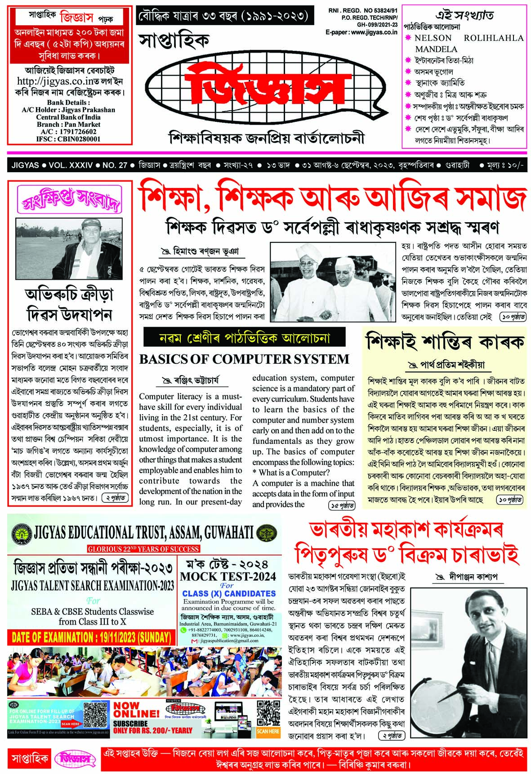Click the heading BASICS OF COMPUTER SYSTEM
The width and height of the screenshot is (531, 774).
pos(244,359)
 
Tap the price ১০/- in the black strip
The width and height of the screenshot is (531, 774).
pos(512,165)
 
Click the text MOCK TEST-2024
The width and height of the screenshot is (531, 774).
pos(228,576)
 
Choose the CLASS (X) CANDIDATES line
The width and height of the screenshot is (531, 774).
pos(229,593)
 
